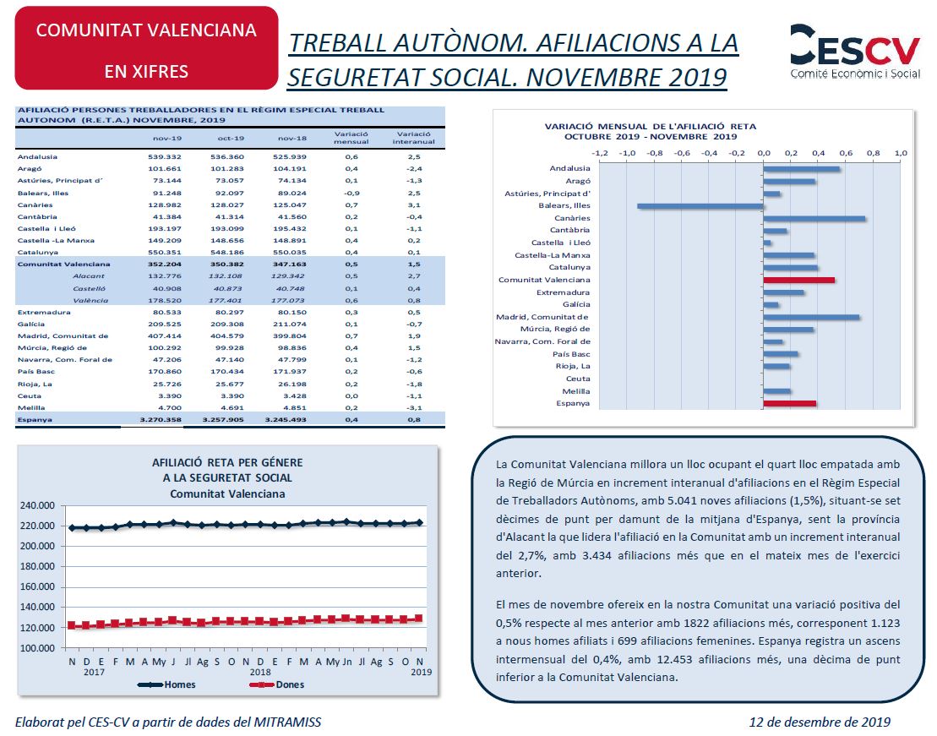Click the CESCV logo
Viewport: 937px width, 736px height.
854,51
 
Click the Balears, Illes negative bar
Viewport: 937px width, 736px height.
700,206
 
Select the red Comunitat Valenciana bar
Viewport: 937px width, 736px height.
799,280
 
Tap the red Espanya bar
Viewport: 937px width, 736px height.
789,404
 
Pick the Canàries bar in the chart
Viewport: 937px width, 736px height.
814,218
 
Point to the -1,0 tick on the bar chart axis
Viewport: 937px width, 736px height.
627,153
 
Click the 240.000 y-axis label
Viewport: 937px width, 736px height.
37,505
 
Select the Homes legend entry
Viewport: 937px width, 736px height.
166,684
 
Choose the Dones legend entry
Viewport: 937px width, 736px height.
276,684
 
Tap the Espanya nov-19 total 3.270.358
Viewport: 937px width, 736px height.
161,420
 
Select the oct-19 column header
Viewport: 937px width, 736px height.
231,138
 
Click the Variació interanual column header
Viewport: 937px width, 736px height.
413,138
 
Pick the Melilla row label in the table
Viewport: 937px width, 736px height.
31,408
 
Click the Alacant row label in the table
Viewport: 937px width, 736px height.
89,276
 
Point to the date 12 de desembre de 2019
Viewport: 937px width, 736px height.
820,722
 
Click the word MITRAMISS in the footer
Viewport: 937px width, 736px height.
286,722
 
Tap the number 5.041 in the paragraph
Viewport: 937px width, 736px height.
695,500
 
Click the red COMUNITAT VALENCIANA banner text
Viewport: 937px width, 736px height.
146,30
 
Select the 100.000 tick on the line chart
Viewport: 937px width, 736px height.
37,648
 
